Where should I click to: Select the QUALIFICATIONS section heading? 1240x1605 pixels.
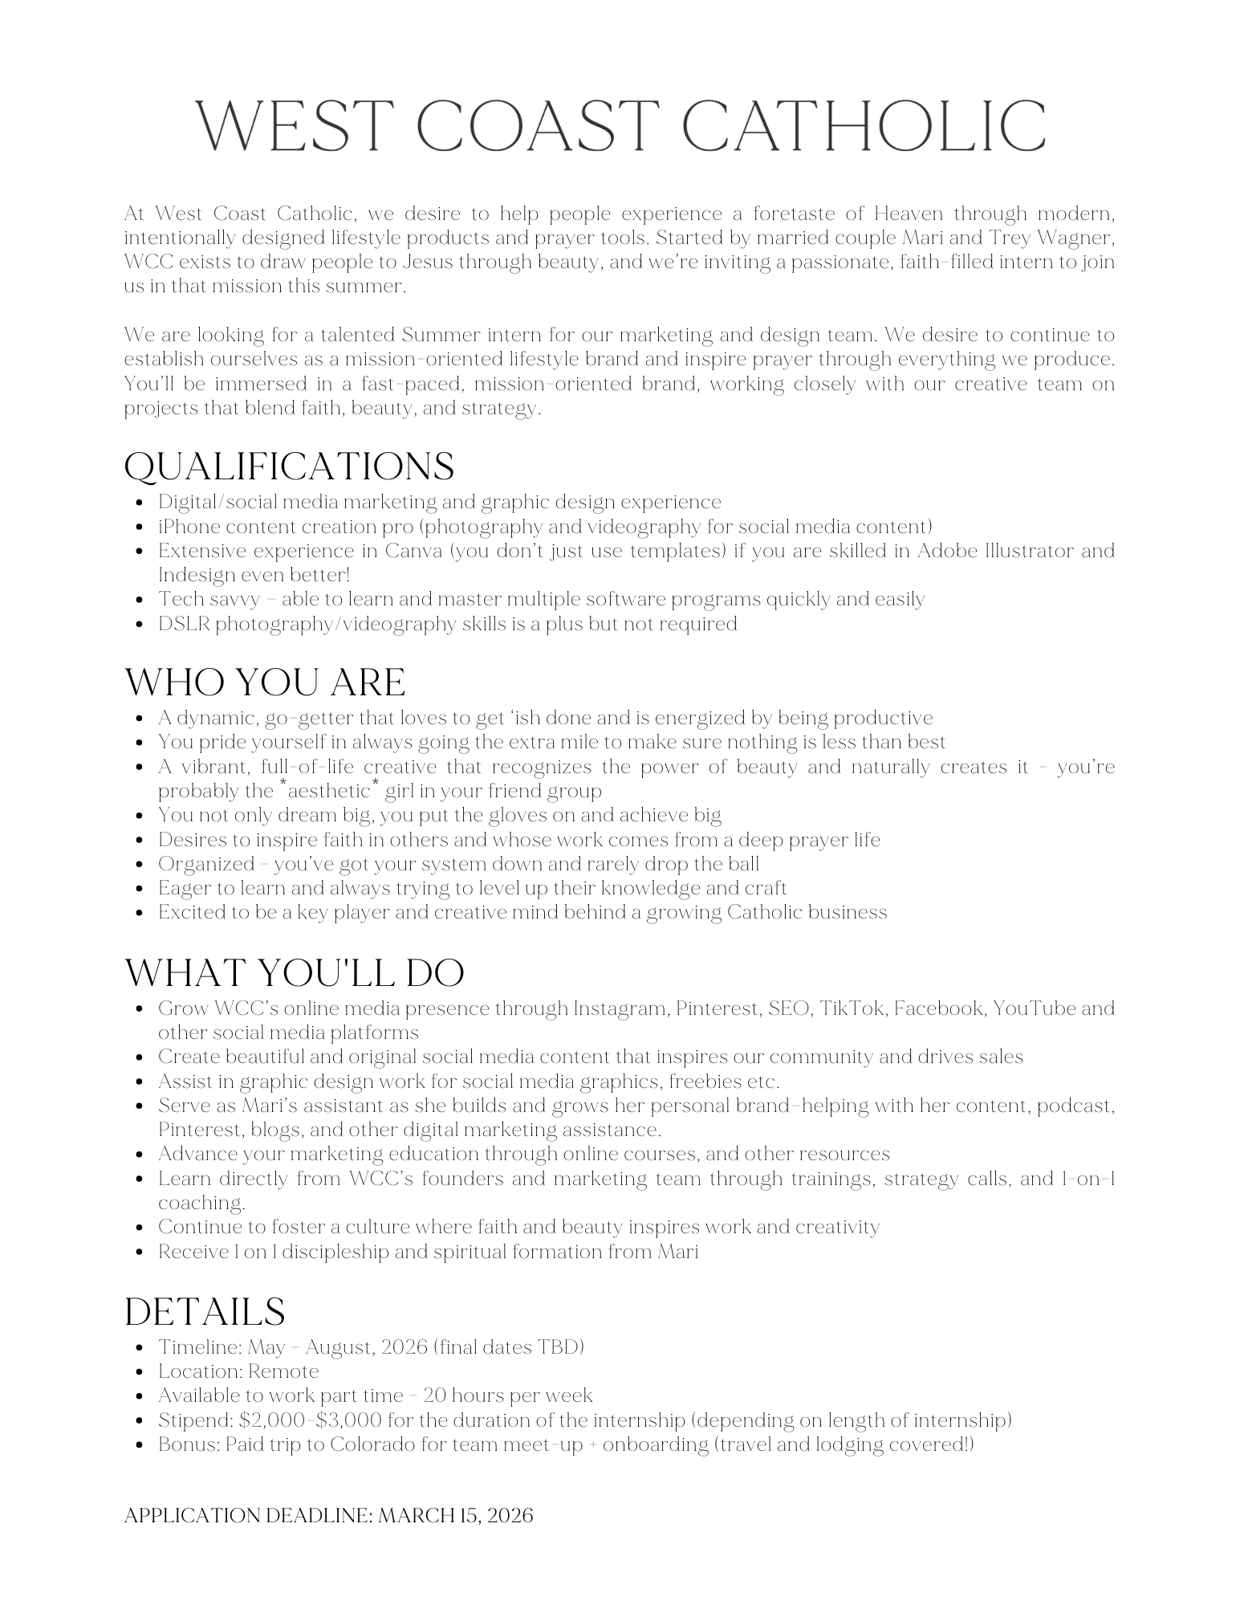coord(289,467)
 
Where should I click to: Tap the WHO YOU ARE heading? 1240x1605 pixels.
coord(265,682)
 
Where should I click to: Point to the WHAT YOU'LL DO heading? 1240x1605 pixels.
coord(295,973)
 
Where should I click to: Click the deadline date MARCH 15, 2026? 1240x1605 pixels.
coord(455,1516)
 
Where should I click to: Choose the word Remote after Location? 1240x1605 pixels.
coord(283,1371)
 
